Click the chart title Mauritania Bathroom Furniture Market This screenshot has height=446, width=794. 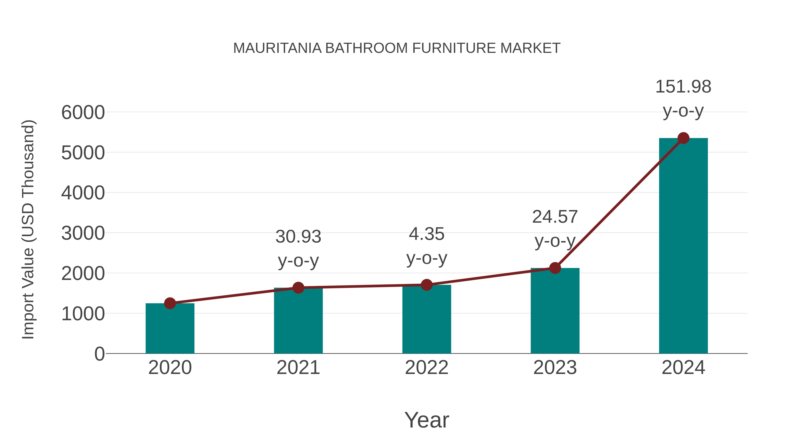tap(397, 48)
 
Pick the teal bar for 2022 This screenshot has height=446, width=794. tap(427, 320)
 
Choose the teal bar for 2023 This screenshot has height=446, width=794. tap(555, 311)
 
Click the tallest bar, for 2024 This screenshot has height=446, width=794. tap(683, 246)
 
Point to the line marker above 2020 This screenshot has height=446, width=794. tap(170, 303)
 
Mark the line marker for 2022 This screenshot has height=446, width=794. tap(427, 285)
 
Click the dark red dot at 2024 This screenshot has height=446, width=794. tap(683, 138)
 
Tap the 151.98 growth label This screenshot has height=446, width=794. tap(683, 87)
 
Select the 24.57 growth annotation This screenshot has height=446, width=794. tap(555, 217)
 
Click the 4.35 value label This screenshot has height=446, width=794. tap(427, 234)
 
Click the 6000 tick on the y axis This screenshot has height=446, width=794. tap(83, 112)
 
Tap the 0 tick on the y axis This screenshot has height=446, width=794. tap(99, 354)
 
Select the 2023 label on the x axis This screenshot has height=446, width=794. tap(555, 368)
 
